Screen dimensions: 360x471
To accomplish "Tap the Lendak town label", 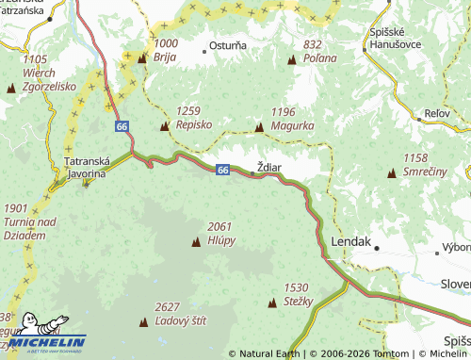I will (350, 241).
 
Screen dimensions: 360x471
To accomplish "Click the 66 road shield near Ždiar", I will (222, 170).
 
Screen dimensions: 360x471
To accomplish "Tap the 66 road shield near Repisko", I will (122, 125).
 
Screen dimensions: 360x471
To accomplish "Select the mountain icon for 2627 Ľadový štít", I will (143, 322).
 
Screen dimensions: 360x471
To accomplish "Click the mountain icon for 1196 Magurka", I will (259, 126).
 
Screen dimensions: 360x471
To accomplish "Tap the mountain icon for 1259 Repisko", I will (165, 126).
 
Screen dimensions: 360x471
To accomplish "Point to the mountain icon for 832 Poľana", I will (291, 60).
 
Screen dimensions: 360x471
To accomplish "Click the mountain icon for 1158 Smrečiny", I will (391, 174).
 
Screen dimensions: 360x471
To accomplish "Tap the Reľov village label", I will (437, 113).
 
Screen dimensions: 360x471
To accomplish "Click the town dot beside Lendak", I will (377, 248).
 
